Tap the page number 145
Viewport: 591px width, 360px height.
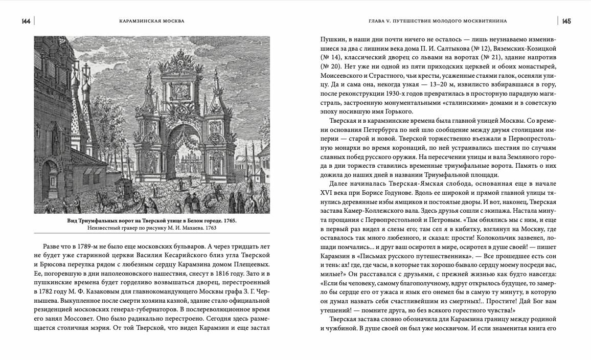[x=566, y=21]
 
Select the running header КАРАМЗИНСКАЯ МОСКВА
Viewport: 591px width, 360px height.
[x=148, y=21]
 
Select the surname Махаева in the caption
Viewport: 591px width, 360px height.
[x=190, y=228]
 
